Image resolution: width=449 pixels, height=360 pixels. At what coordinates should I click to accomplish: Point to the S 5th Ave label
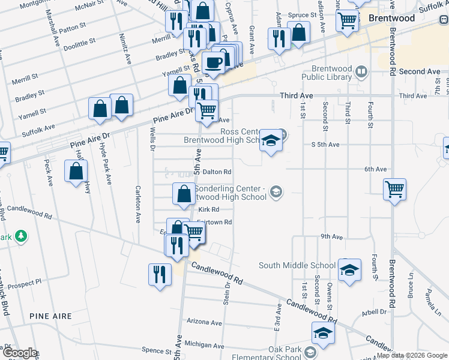click(325, 145)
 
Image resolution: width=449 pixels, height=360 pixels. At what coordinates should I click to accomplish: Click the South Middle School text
click(297, 265)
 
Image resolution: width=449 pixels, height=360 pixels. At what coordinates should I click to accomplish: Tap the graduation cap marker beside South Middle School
click(349, 270)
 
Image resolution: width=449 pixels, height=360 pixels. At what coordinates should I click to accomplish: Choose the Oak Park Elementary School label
click(277, 353)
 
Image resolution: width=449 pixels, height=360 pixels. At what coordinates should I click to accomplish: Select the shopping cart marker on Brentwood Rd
click(395, 190)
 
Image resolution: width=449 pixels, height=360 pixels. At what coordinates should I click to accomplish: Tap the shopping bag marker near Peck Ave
click(77, 172)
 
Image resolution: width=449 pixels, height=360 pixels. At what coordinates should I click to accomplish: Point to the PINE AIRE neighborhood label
click(50, 316)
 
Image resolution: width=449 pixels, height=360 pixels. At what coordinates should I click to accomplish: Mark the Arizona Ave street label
click(204, 322)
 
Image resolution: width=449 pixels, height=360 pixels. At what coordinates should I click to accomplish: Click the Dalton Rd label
click(212, 172)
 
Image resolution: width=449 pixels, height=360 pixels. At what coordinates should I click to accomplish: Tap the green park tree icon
click(21, 236)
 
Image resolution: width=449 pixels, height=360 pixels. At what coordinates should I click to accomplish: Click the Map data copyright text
click(412, 355)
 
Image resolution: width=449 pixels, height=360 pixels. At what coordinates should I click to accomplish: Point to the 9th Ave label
click(331, 237)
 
